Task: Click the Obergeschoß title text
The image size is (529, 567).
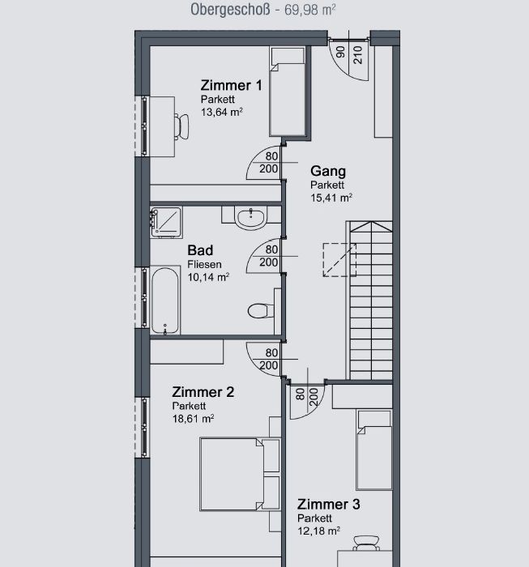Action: (230, 10)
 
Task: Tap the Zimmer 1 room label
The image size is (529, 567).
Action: (231, 86)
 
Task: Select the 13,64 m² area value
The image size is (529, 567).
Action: (222, 112)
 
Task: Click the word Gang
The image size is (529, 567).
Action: (328, 171)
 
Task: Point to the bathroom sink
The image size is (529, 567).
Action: (251, 218)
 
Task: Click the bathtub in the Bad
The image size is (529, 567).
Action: (165, 301)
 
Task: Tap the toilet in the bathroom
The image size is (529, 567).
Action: (260, 310)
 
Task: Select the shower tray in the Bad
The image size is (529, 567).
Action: (166, 222)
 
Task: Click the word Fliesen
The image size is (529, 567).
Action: (204, 264)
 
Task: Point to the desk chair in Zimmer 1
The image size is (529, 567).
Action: (181, 126)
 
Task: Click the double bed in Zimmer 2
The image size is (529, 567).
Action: (240, 474)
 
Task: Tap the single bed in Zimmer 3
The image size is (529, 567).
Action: (374, 450)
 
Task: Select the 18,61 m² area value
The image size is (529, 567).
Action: (194, 419)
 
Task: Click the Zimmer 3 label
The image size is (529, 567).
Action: (329, 505)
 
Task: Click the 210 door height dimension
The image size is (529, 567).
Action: (358, 55)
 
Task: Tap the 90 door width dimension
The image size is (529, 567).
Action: (340, 52)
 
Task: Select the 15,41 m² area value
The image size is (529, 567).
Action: (331, 198)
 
